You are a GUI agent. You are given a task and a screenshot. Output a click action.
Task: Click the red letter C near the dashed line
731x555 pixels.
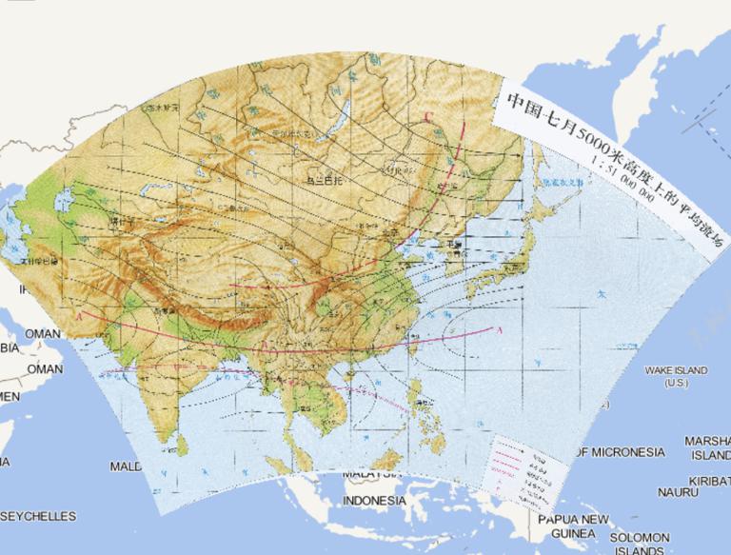tap(429, 118)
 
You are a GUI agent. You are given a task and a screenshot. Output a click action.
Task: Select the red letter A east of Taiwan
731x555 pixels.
tap(499, 329)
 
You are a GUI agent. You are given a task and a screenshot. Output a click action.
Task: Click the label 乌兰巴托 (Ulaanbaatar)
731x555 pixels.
tap(322, 178)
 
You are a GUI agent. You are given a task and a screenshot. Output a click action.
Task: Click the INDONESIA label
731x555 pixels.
tap(373, 501)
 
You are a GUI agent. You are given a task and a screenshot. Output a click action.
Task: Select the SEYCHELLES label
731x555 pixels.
tap(38, 516)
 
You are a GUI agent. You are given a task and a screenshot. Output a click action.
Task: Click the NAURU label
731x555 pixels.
tap(677, 492)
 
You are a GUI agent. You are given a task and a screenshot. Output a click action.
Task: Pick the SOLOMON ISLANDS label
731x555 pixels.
tap(641, 544)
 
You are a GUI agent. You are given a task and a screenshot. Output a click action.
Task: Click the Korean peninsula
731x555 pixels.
tap(435, 250)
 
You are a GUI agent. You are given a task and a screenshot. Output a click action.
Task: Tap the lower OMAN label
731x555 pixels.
tap(44, 368)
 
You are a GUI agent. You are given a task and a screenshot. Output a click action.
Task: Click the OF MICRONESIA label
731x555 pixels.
tap(620, 451)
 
